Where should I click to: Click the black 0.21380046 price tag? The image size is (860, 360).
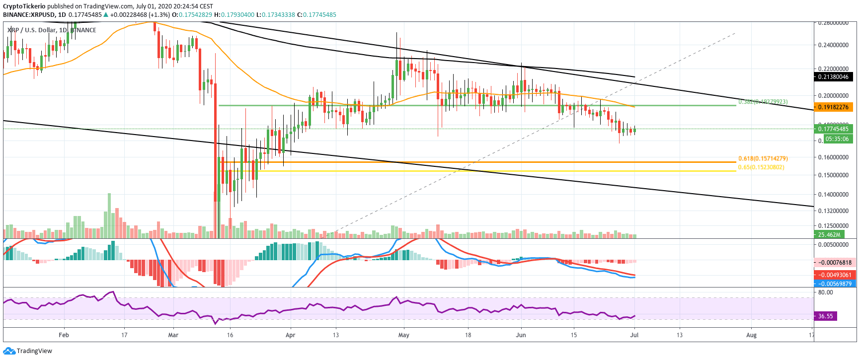pos(834,76)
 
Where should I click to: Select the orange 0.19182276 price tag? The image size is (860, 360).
pos(834,107)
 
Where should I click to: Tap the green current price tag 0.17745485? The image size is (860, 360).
pos(834,129)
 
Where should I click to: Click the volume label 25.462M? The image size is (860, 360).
pos(829,235)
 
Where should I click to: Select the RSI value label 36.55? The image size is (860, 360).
pos(825,316)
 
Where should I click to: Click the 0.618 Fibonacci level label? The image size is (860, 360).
pos(763,159)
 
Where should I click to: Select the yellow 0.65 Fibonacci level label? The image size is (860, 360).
pos(761,167)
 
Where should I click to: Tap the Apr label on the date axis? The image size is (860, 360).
pos(291,335)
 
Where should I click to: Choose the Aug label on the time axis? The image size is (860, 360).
pos(751,335)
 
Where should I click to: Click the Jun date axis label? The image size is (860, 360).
pos(521,335)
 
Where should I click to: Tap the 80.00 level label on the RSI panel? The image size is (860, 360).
pos(825,292)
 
